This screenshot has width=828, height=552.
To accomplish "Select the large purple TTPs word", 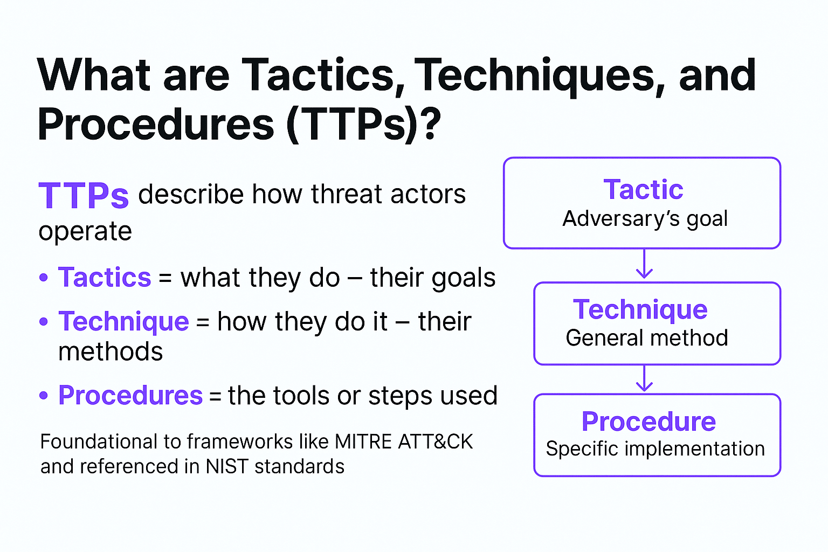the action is (84, 195).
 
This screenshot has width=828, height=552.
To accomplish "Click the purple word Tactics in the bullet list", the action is (105, 277).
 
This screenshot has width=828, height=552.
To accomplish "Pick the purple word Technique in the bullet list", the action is (124, 321).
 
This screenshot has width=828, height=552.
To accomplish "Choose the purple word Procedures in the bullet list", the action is (130, 395).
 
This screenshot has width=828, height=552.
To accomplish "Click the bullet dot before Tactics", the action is (44, 277).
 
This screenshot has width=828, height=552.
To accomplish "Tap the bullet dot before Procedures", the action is (44, 395).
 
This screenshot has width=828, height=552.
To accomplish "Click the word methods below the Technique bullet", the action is (111, 351).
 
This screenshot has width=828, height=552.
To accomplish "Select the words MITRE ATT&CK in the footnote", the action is (404, 441).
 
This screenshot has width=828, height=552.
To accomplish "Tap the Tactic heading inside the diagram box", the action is (643, 189).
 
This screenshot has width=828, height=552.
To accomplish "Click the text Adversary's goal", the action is (645, 219).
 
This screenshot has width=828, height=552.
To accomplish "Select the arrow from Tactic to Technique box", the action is (644, 264).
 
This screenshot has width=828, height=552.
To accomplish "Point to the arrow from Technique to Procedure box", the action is (644, 378).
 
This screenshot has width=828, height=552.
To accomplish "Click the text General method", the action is (647, 338).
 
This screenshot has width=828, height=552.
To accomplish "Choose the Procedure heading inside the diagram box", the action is (648, 421).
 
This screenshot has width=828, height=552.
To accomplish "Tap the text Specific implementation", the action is (655, 449).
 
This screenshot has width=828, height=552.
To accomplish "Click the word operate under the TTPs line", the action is (85, 231).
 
